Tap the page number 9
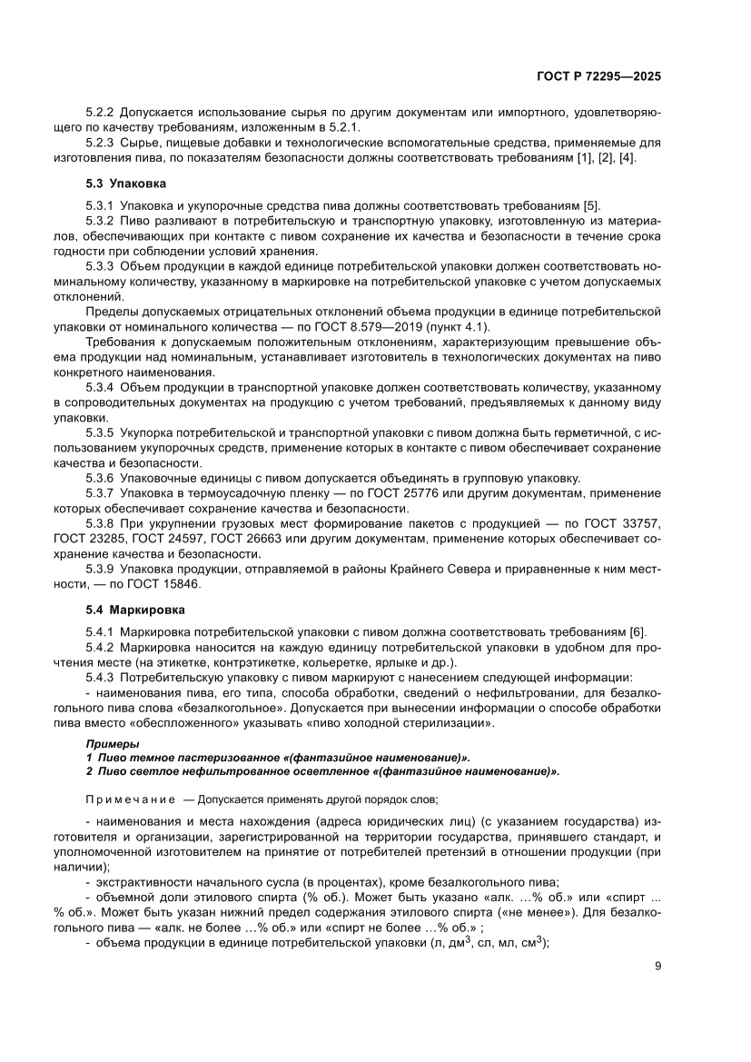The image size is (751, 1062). tap(657, 966)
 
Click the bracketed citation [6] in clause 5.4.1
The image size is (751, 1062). tap(632, 631)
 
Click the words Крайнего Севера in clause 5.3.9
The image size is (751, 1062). tap(482, 569)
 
